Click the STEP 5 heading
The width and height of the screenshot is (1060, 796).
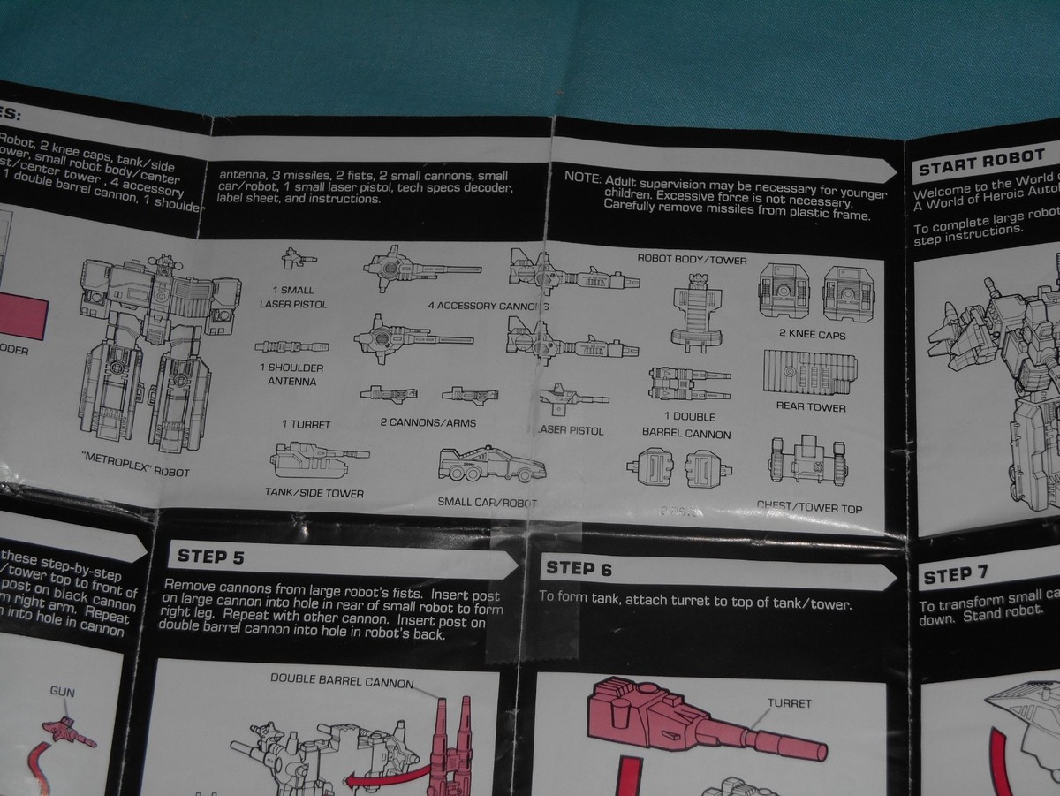[x=211, y=557]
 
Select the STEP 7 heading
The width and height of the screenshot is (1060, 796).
[x=955, y=576]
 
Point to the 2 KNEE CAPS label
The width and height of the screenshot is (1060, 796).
[x=812, y=336]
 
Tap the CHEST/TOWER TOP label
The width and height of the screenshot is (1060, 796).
[x=809, y=509]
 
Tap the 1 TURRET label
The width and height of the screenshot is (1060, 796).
[x=307, y=424]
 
